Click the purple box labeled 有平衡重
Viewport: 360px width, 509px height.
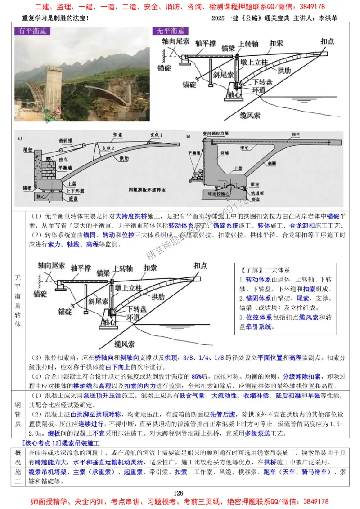click(x=32, y=31)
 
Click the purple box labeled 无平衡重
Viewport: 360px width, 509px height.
click(x=171, y=31)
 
